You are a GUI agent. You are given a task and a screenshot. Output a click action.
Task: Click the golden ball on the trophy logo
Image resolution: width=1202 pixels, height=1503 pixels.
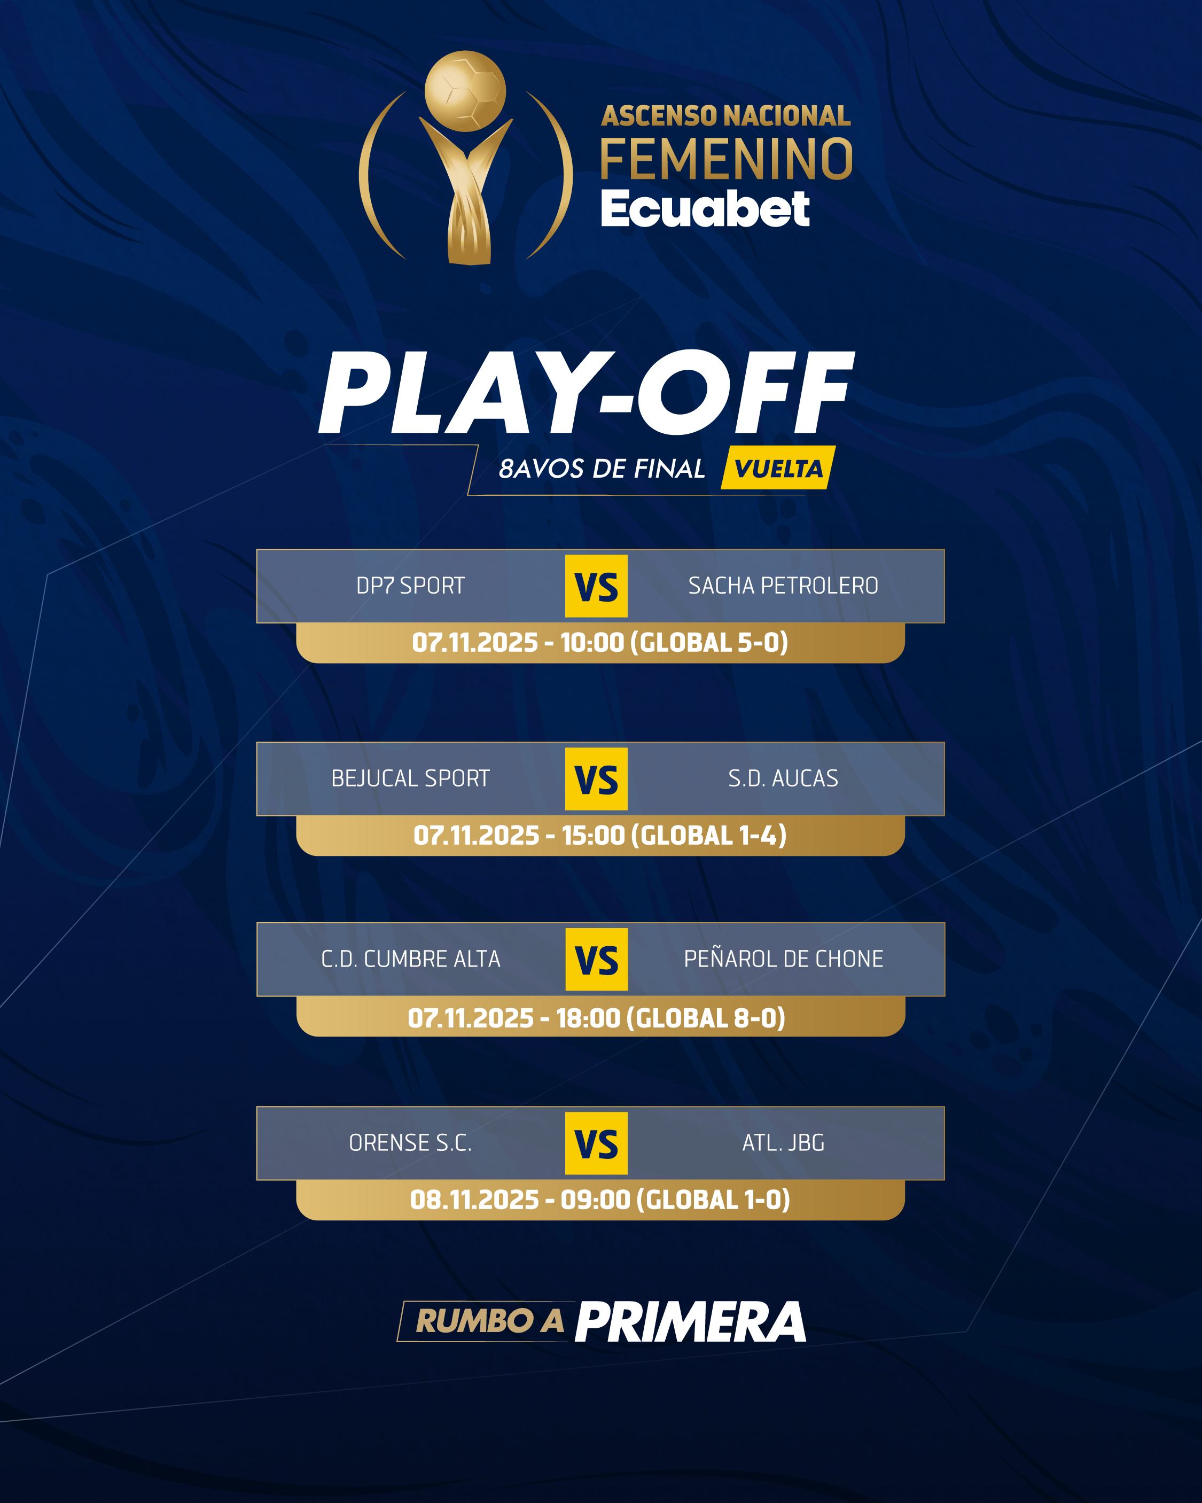pos(465,91)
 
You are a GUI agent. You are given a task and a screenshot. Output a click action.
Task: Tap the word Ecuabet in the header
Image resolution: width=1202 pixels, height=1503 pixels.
pos(705,208)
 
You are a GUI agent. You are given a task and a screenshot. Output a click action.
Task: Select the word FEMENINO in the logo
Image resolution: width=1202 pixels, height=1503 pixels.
pos(726,159)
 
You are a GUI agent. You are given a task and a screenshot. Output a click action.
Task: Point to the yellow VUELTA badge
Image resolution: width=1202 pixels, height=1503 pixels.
pos(778,468)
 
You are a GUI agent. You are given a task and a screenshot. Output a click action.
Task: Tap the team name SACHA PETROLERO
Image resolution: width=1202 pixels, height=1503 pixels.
pos(783,586)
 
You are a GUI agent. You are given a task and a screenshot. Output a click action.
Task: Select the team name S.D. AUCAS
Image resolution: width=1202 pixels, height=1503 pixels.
pos(783,778)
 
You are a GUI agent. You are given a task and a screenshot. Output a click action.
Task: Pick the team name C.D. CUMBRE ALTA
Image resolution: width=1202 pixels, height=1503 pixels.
pos(411,959)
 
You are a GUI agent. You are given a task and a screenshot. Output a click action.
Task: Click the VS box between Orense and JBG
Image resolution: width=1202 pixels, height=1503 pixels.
pos(596,1143)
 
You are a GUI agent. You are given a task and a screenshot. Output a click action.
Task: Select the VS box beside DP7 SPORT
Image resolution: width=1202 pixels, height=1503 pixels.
pos(596,586)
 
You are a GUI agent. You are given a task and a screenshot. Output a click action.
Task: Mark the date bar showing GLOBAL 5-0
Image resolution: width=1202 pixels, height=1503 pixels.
pos(600,643)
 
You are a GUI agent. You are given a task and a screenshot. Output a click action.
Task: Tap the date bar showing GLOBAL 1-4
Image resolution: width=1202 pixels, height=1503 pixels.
pos(600,835)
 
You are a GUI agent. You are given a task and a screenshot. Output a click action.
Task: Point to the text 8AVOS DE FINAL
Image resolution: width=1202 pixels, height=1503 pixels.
pos(602,469)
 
